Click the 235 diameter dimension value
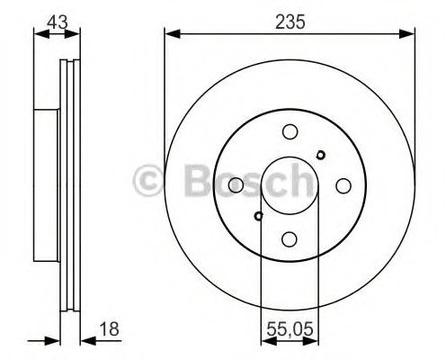pos(290,22)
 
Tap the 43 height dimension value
pos(58,22)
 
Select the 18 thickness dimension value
pos(109,329)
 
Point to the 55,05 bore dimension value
pos(290,329)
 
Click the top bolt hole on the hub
pos(290,131)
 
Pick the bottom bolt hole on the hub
pos(290,239)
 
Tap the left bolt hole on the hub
pos(236,184)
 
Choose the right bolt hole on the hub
pos(343,186)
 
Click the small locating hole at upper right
pos(321,155)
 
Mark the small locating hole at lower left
pos(258,216)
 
